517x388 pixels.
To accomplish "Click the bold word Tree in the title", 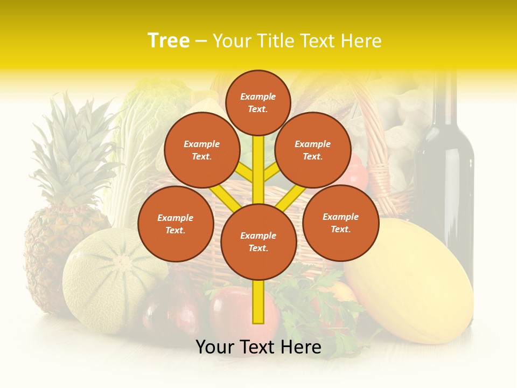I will [x=169, y=40].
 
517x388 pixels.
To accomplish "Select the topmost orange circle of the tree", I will [x=258, y=102].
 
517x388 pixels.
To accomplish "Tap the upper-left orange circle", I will [x=201, y=150].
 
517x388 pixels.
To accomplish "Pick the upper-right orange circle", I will [x=313, y=150].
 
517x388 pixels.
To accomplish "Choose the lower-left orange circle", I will [x=176, y=224].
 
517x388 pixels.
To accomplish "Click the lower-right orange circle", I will [x=340, y=223].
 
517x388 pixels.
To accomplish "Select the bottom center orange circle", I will [x=258, y=242].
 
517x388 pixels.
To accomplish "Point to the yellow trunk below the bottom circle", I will [x=258, y=302].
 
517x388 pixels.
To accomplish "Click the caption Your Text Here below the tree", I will [x=258, y=347].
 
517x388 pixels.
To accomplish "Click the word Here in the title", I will [x=360, y=41].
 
